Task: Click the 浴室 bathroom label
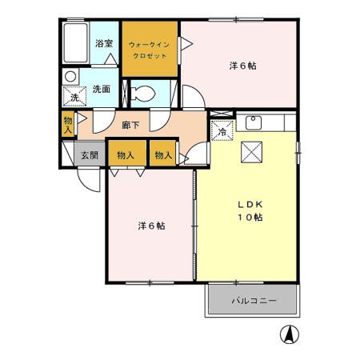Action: [x=103, y=44]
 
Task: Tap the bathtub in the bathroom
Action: [x=76, y=44]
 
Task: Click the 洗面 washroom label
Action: [x=101, y=89]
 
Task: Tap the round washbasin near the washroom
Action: [x=70, y=77]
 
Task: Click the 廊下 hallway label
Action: [x=131, y=125]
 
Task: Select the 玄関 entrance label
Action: [x=89, y=154]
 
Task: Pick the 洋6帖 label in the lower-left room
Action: [x=150, y=226]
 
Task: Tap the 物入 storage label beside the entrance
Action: [x=126, y=154]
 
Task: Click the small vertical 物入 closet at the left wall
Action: [x=68, y=124]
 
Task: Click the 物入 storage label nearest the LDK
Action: [x=163, y=154]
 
